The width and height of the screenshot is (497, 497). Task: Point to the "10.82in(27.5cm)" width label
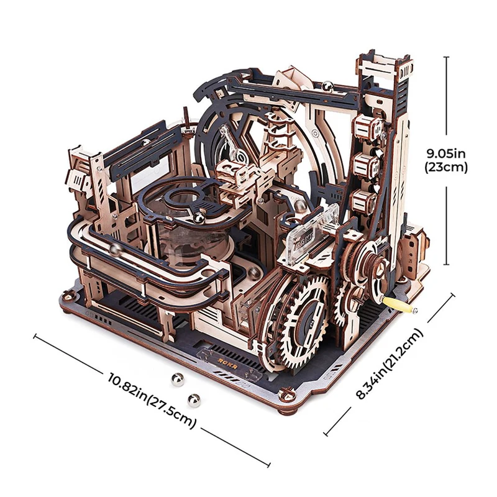pyautogui.click(x=153, y=401)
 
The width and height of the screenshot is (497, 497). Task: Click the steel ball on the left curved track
pyautogui.click(x=116, y=249)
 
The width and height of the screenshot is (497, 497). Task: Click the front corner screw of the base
pyautogui.click(x=286, y=394)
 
